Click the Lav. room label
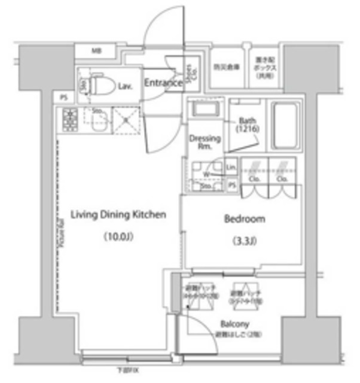tap(125, 87)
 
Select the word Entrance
tap(163, 83)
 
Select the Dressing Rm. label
tap(205, 143)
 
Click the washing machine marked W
tap(206, 174)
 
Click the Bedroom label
tap(244, 219)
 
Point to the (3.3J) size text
tap(244, 242)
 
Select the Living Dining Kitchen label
tap(118, 214)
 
